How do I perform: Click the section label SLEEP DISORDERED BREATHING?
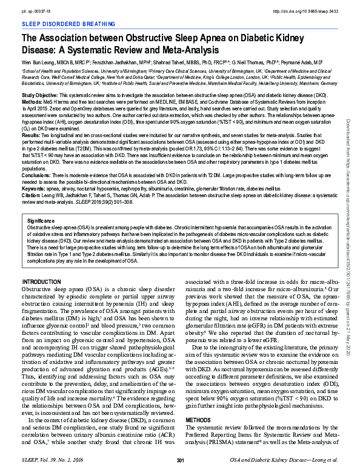click(x=61, y=22)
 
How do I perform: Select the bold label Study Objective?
click(x=41, y=96)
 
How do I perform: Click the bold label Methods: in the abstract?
click(x=32, y=103)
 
